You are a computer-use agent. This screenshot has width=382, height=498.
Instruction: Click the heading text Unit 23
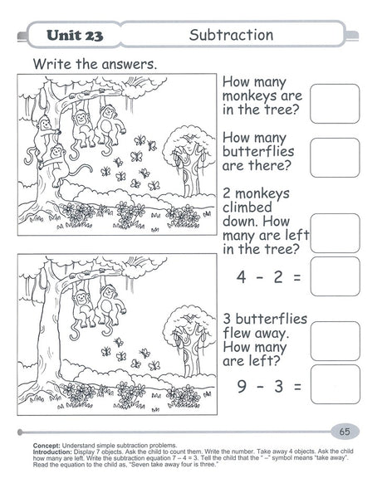pos(75,35)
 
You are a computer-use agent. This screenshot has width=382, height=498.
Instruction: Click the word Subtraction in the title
pos(231,35)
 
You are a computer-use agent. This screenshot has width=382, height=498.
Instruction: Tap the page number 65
pos(345,432)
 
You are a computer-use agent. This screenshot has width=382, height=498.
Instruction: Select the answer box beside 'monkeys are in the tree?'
pos(335,104)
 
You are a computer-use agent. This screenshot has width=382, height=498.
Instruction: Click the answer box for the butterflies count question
pos(335,158)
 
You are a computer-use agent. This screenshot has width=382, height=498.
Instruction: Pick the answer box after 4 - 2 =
pos(335,276)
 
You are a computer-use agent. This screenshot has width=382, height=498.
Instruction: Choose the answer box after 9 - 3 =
pos(335,384)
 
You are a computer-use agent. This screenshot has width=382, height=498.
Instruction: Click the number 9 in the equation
pos(242,386)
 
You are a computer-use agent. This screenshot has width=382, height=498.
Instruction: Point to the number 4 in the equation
pos(241,277)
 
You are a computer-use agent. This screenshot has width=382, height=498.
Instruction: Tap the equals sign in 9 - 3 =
pos(297,387)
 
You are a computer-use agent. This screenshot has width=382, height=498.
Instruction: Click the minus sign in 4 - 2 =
pos(260,277)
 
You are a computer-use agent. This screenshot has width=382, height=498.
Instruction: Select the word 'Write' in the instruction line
pos(52,64)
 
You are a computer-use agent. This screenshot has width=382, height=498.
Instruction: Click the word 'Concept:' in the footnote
pos(47,445)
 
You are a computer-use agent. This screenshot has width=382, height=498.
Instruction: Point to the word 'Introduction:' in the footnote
pos(53,452)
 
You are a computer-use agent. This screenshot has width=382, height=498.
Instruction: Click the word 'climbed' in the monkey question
pos(247,207)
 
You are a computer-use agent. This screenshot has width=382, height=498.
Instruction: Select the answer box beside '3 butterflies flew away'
pos(335,341)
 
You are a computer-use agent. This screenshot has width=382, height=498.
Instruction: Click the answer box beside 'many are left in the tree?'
pos(335,233)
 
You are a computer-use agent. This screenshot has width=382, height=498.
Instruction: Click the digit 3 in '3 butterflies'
pos(227,320)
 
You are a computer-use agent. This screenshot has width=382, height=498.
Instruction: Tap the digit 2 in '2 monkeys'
pos(227,193)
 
